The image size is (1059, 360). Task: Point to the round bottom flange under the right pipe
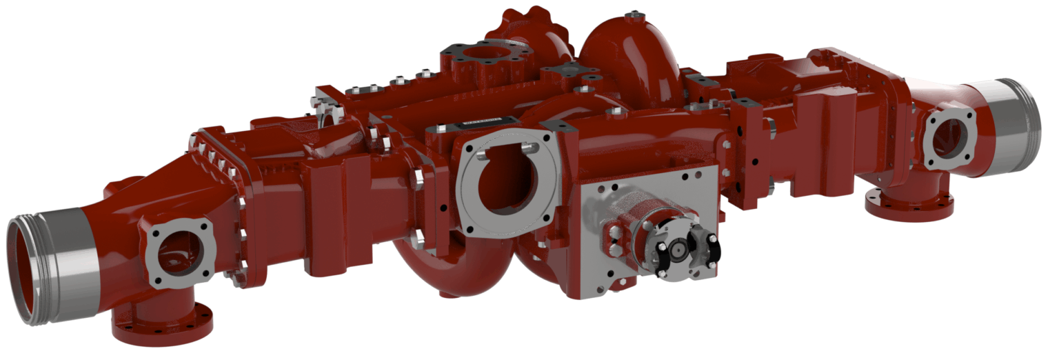[x=909, y=204]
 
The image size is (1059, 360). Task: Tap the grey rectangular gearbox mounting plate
[x=648, y=200]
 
